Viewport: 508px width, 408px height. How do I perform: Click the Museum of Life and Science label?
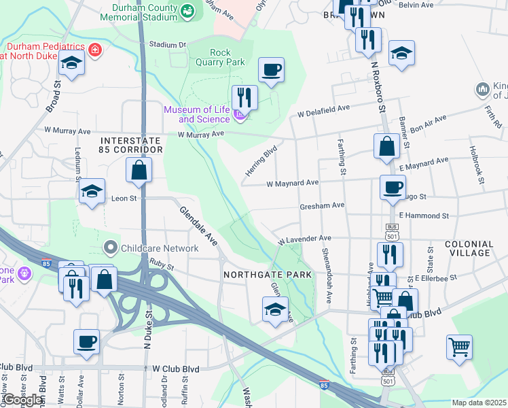(196, 114)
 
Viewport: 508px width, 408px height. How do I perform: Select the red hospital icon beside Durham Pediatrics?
(96, 50)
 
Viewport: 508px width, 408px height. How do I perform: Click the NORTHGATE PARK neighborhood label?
(268, 275)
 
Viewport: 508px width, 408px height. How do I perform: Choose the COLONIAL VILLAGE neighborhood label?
(469, 248)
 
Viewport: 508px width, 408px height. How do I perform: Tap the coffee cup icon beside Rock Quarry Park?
(271, 70)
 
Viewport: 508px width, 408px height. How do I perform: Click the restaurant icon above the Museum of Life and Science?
(244, 97)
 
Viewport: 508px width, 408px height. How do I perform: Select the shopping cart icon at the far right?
(459, 346)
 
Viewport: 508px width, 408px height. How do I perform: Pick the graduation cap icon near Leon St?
(92, 192)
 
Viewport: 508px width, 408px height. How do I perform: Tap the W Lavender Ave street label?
(304, 239)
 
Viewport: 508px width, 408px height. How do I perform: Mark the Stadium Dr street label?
(167, 44)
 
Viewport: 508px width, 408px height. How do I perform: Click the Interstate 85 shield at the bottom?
(325, 386)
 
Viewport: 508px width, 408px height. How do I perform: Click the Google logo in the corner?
(22, 400)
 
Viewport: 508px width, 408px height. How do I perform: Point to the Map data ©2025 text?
(479, 403)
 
